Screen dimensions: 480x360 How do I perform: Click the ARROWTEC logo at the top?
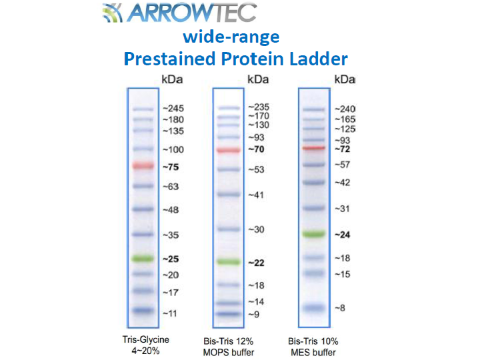[179, 13]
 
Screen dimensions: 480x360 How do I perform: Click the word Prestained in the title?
[169, 59]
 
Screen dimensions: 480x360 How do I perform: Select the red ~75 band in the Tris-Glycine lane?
[143, 165]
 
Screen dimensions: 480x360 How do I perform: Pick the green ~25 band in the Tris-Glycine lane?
[143, 259]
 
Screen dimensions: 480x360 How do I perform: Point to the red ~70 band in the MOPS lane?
[229, 150]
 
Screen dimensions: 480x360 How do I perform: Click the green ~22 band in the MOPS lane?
[229, 262]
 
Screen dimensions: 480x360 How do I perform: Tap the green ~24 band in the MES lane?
[314, 234]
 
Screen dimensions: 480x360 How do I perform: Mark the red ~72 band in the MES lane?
[314, 148]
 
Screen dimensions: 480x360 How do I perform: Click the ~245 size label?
[173, 109]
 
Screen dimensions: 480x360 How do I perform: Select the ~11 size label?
[169, 313]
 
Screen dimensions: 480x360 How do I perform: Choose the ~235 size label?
[259, 107]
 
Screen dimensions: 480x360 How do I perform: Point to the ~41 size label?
[256, 195]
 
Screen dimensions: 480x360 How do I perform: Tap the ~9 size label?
[253, 315]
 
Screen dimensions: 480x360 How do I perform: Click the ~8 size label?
[340, 308]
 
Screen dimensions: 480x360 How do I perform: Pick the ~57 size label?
[342, 165]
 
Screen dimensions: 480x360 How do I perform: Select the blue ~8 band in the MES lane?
[314, 307]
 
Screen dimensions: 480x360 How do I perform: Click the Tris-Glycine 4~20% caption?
[146, 345]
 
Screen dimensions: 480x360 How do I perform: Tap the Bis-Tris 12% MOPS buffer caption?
[229, 347]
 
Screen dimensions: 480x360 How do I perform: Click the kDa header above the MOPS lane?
[258, 79]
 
